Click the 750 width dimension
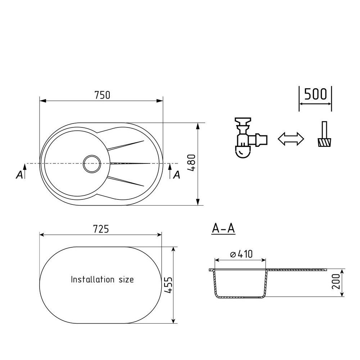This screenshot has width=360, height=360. [x=102, y=95]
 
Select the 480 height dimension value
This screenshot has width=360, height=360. [x=191, y=163]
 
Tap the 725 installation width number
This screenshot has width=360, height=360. [x=101, y=229]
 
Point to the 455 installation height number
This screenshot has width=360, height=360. [x=169, y=285]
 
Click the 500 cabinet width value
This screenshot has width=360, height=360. [x=315, y=94]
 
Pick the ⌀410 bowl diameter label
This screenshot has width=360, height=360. [x=241, y=254]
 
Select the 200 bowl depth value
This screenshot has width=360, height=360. [x=336, y=281]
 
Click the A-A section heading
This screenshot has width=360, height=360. [x=223, y=229]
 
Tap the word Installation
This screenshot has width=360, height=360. [x=93, y=279]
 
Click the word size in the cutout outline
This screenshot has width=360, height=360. [x=126, y=279]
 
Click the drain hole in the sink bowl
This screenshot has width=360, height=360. [x=92, y=164]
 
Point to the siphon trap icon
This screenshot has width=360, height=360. [x=251, y=138]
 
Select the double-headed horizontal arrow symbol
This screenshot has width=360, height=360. [x=291, y=139]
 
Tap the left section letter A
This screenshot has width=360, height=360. [x=19, y=175]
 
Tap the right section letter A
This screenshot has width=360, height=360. [x=176, y=175]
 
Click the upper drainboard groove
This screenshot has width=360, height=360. [x=126, y=145]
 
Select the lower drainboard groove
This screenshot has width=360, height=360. [x=126, y=181]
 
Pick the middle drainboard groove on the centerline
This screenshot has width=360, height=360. [x=130, y=163]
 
